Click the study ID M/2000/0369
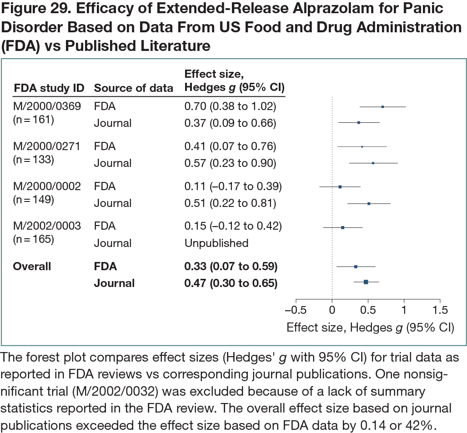pyautogui.click(x=47, y=106)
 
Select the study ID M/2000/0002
pyautogui.click(x=47, y=186)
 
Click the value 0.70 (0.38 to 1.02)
pyautogui.click(x=230, y=106)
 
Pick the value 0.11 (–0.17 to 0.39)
pyautogui.click(x=233, y=186)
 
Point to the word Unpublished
pyautogui.click(x=216, y=243)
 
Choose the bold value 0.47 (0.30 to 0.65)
pyautogui.click(x=231, y=283)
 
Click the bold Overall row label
pyautogui.click(x=32, y=266)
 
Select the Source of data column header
pyautogui.click(x=134, y=88)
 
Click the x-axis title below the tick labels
pyautogui.click(x=370, y=327)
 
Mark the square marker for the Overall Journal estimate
pyautogui.click(x=366, y=282)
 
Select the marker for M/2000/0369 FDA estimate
pyautogui.click(x=382, y=107)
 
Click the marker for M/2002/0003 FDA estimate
pyautogui.click(x=342, y=227)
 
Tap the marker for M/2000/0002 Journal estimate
pyautogui.click(x=369, y=203)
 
